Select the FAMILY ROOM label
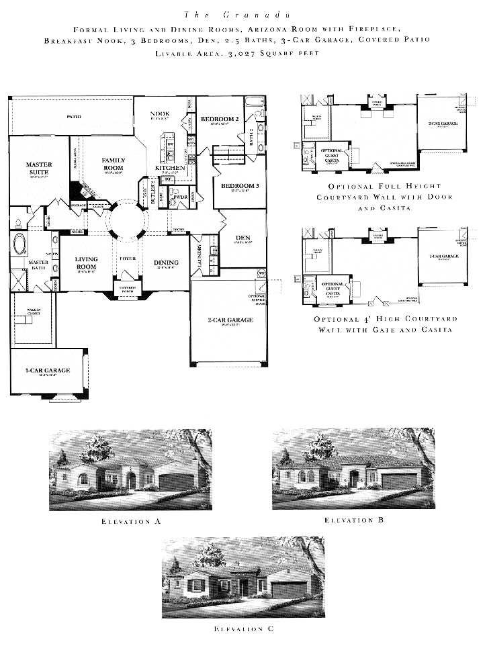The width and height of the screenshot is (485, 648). [114, 164]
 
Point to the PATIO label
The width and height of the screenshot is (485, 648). [74, 117]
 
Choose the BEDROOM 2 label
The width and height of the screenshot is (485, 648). [220, 119]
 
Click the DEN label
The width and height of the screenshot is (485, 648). [243, 238]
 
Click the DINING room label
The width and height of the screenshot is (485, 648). [166, 263]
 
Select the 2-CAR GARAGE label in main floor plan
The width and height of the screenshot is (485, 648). [230, 320]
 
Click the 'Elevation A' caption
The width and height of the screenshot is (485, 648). [130, 520]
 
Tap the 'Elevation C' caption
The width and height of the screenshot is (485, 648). [242, 629]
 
